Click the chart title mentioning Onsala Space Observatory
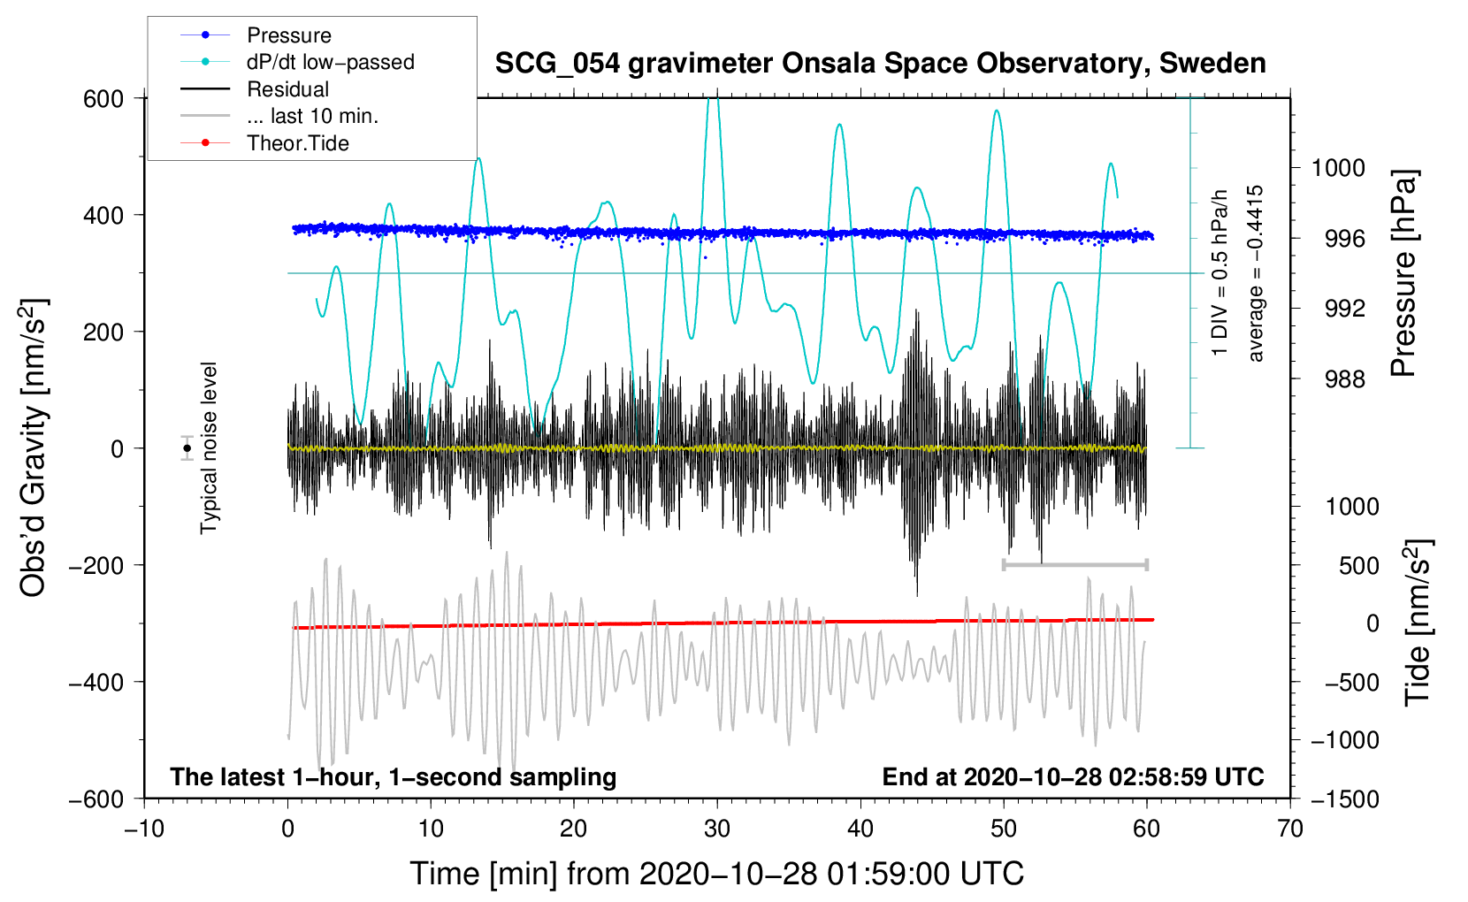[x=880, y=64]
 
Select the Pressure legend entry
[x=288, y=35]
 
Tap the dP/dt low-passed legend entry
[x=330, y=62]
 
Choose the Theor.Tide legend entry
[x=297, y=143]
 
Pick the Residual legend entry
[x=287, y=89]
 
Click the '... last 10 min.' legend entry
[x=312, y=116]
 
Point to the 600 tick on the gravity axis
[x=103, y=98]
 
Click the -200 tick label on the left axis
[x=97, y=565]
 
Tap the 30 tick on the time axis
[x=717, y=829]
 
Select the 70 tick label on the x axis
[x=1290, y=829]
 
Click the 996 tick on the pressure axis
[x=1345, y=239]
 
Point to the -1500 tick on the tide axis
[x=1344, y=799]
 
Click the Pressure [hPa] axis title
[x=1404, y=274]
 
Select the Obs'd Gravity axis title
[x=34, y=448]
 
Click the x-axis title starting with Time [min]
[x=717, y=874]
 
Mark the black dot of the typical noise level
[x=187, y=448]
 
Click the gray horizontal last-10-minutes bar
[x=1074, y=564]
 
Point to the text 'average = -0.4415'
[x=1256, y=274]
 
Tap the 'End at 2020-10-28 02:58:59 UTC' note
[x=1073, y=776]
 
